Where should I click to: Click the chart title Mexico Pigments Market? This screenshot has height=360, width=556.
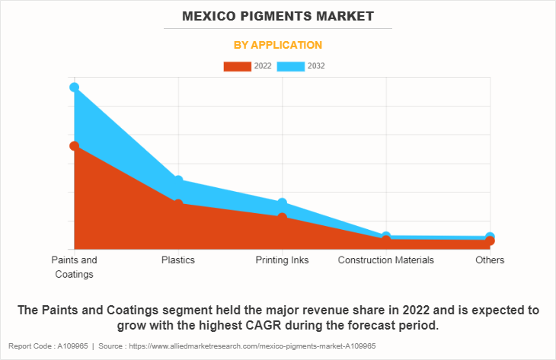coord(277,15)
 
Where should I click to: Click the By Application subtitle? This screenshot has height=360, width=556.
coord(277,45)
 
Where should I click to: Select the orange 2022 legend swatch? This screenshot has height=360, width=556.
coord(237,66)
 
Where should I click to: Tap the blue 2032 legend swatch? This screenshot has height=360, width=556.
coord(291,66)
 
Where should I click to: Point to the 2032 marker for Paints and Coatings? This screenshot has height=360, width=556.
coord(74,88)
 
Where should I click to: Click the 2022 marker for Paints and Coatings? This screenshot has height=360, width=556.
coord(74,145)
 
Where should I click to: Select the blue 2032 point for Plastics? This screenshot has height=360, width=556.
coord(178,180)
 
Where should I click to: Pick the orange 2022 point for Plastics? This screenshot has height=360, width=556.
coord(178,204)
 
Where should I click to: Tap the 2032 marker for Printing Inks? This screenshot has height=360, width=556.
coord(283,202)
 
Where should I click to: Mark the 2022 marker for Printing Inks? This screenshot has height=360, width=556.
coord(283,218)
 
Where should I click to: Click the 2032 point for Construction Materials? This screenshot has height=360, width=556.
coord(386,237)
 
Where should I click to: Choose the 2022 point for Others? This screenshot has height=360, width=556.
coord(490,241)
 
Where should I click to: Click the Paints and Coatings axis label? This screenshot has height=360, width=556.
coord(74,266)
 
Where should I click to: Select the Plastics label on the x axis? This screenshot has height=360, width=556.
coord(178,260)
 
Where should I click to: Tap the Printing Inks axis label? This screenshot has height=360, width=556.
coord(283,260)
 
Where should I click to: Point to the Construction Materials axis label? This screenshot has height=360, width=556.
coord(386,260)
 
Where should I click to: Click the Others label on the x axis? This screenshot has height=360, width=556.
coord(490,260)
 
